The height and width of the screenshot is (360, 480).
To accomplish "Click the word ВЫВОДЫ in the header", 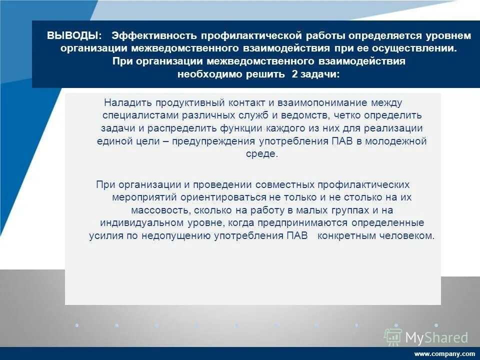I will (73, 36).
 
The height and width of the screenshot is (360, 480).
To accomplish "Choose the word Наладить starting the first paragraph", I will (128, 103).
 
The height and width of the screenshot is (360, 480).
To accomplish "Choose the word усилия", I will (106, 236).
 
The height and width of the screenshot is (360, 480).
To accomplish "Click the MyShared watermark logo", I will (426, 337).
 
